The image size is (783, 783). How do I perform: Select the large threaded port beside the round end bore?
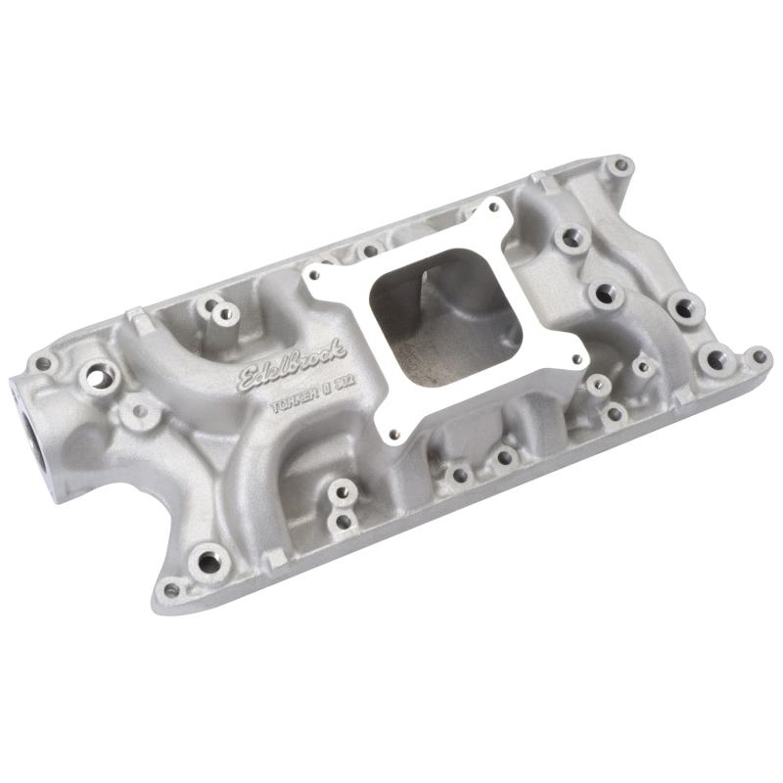point(97,373)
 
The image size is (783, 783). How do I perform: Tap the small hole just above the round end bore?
point(42,363)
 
